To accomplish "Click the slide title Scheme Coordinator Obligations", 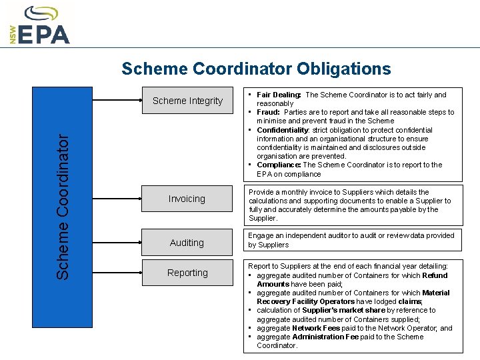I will tap(256, 69).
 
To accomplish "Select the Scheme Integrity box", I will tap(187, 101).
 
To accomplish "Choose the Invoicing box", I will tap(187, 199).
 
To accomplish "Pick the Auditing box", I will tap(187, 243).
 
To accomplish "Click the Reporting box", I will tap(187, 273).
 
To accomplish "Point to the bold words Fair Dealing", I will tap(279, 95).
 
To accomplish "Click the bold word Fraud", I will tap(268, 112).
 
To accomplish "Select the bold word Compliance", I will tap(278, 165).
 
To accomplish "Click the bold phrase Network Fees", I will tap(315, 328).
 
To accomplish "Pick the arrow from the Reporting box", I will tap(238, 269).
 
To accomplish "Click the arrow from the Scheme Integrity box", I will tap(238, 97).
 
